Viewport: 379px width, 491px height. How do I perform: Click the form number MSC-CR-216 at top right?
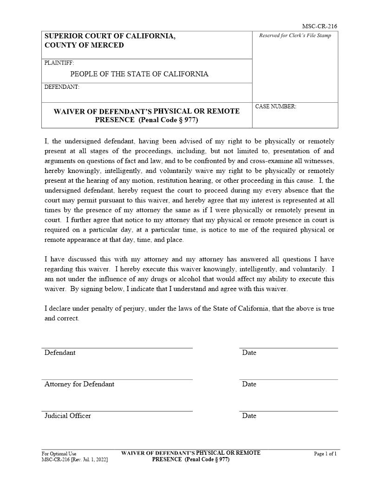[320, 27]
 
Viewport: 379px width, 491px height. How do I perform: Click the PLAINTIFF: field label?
[59, 63]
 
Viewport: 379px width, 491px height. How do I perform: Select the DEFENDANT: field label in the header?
[62, 87]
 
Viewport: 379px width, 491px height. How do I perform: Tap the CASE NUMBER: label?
[276, 106]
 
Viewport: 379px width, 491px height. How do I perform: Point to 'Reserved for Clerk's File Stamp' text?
[295, 36]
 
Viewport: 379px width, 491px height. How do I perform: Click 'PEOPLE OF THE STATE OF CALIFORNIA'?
[139, 74]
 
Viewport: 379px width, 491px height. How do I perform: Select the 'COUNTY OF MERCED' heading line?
[84, 45]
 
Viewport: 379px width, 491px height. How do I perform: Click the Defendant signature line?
[117, 347]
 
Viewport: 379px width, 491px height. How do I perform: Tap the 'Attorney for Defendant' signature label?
[79, 384]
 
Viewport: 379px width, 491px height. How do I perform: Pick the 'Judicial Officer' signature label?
[68, 416]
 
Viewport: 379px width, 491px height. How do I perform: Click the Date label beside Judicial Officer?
[249, 416]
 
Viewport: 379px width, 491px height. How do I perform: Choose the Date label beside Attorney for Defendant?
[249, 384]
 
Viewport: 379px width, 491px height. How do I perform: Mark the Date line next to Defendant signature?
[288, 347]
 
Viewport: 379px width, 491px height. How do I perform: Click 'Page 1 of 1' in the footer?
[325, 454]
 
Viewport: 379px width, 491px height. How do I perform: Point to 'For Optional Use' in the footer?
[59, 454]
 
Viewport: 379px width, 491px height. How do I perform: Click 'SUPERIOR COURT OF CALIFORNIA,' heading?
[110, 36]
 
